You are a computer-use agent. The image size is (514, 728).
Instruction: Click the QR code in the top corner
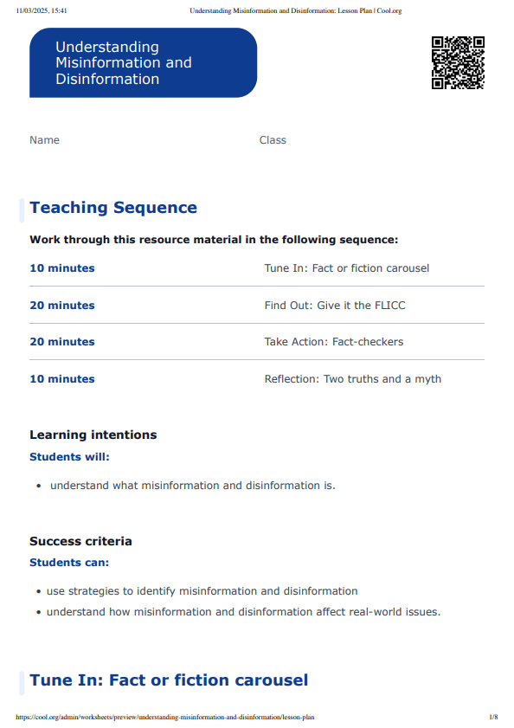458,62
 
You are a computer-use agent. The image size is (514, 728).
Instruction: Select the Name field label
44,140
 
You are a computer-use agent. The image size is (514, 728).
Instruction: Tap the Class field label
273,140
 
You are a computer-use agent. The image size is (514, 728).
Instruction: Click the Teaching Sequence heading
113,208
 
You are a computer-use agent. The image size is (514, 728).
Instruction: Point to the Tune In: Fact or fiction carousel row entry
346,268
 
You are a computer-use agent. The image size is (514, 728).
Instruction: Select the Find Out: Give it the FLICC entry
334,306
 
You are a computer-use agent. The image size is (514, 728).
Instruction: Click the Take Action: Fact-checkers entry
333,342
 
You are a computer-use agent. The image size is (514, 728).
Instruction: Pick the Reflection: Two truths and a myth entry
352,379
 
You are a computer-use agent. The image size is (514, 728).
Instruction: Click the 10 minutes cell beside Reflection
62,379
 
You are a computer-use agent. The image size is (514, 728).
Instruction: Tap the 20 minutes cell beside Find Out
62,306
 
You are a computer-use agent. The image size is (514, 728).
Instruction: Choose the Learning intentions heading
93,435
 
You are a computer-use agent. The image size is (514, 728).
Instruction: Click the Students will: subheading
69,457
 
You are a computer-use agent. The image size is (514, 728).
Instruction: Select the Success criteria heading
80,541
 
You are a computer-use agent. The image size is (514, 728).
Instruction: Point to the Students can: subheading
69,563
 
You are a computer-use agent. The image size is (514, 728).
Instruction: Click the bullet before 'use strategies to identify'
39,592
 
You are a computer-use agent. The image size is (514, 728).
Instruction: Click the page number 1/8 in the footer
493,718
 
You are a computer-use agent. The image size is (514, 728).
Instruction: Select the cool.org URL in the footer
164,718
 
